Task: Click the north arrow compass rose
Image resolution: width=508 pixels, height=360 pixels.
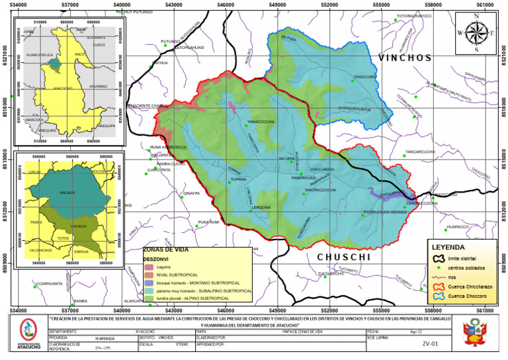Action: (476, 32)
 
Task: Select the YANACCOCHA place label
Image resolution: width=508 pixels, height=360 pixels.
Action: (261, 122)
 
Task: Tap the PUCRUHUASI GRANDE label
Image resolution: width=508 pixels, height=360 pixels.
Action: (385, 212)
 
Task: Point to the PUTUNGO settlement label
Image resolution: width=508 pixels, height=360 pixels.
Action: (170, 42)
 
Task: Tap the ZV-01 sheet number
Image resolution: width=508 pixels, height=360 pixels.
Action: (430, 343)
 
